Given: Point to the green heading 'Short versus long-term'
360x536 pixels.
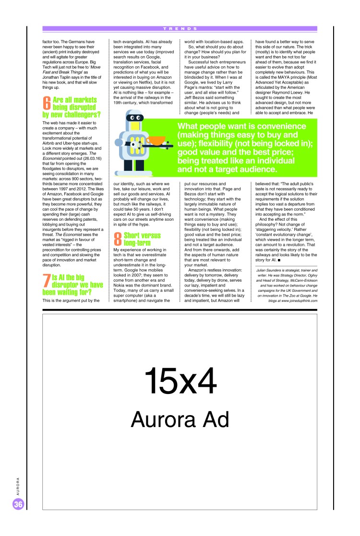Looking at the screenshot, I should coord(142,239).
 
